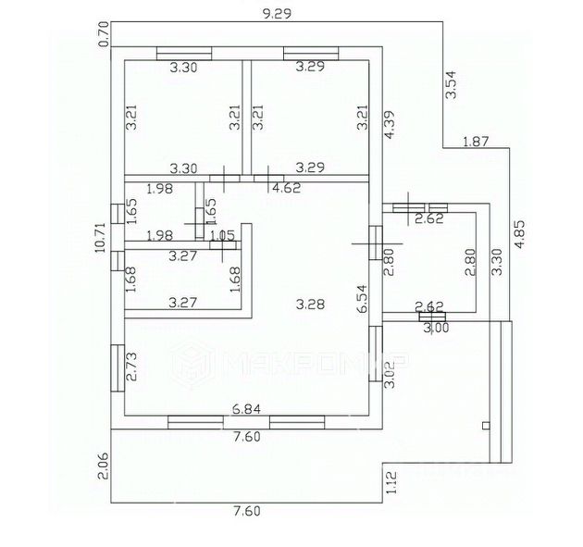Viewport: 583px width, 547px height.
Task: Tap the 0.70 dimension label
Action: tap(104, 33)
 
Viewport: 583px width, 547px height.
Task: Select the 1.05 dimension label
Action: tap(222, 235)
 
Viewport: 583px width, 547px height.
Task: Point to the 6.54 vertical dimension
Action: tap(364, 301)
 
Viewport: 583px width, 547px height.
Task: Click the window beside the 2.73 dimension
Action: tap(117, 368)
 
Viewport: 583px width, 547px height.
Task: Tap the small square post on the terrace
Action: tap(485, 426)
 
